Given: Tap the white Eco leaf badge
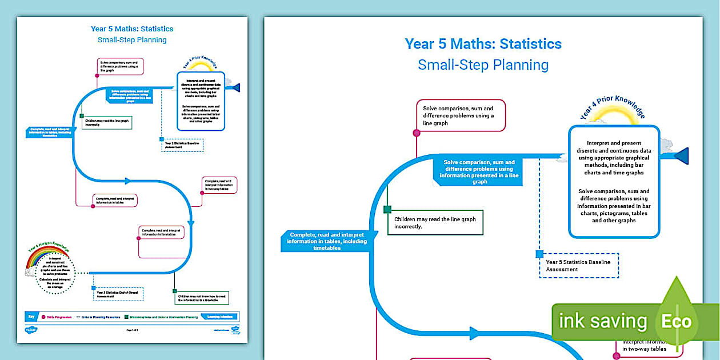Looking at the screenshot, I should [676, 321].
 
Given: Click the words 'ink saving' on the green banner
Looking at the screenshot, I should [602, 321].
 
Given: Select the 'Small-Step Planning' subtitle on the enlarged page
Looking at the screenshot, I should [483, 65].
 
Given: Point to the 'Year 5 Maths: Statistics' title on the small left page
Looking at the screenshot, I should [132, 29].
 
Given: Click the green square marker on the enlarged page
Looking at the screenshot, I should [387, 210].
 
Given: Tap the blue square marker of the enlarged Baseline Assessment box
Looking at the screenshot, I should [539, 254].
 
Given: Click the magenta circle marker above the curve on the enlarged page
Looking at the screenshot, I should [417, 133].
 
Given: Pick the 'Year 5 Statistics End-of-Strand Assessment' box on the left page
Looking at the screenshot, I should [118, 294].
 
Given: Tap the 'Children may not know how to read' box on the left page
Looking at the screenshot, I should [205, 297].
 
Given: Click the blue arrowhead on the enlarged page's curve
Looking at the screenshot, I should [475, 333].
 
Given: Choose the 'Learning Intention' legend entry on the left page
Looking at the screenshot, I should [219, 316].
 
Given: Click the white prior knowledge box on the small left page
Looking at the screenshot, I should [201, 101].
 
